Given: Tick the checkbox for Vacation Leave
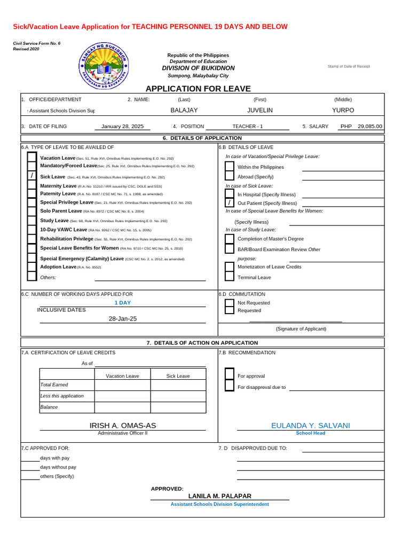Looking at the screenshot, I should [x=32, y=158].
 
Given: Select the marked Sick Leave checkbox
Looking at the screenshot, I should [x=32, y=176].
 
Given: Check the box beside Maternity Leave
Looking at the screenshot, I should [x=32, y=185].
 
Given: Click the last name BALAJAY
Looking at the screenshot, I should [x=184, y=110].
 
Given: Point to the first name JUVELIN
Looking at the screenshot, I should [x=260, y=110].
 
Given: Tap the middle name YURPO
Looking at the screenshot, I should [x=343, y=110].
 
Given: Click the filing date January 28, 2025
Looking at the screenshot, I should [x=122, y=127].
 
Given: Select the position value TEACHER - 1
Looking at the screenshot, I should [x=247, y=127].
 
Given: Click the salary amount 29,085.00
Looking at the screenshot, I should [x=370, y=127].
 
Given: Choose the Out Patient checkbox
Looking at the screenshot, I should [x=229, y=203].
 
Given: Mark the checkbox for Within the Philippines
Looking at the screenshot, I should [x=229, y=167].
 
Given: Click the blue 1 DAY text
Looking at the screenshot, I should [x=122, y=302].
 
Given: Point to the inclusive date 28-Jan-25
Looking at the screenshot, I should [x=122, y=318].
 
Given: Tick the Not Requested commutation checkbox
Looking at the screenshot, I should [x=229, y=303].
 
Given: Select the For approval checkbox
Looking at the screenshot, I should [x=229, y=376].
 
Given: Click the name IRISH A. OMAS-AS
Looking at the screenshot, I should [x=123, y=425].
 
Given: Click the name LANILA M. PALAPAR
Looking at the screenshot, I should [x=219, y=496].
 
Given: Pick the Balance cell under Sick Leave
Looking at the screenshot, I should [x=178, y=407].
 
